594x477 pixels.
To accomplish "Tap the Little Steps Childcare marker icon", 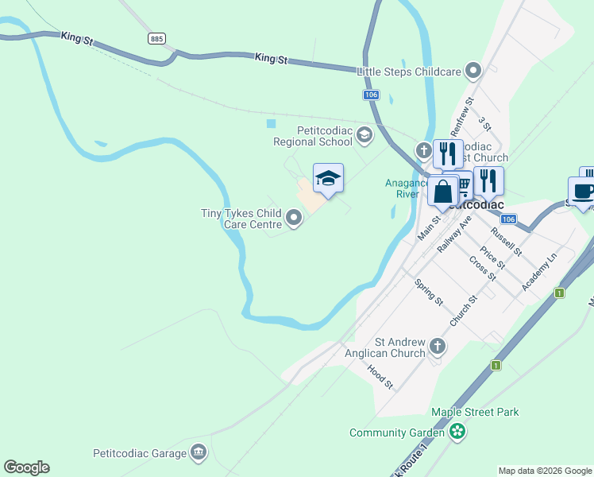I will point(474,72).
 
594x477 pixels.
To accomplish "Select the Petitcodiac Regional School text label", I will point(312,136).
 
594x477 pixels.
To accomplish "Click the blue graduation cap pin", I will point(328,178).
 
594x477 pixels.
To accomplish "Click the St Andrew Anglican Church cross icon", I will point(438,346).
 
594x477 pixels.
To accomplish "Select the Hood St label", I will point(380,376).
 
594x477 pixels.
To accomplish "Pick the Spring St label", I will point(429,290).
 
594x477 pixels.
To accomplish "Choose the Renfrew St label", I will point(461,116).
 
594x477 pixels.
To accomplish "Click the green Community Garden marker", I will point(457,432).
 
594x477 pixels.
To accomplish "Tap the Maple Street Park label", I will point(475,412).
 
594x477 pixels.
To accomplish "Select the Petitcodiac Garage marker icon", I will point(199,454).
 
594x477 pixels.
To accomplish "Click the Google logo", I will point(26,467).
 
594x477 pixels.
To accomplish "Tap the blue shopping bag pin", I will point(442,191).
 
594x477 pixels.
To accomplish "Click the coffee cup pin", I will point(583,191).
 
